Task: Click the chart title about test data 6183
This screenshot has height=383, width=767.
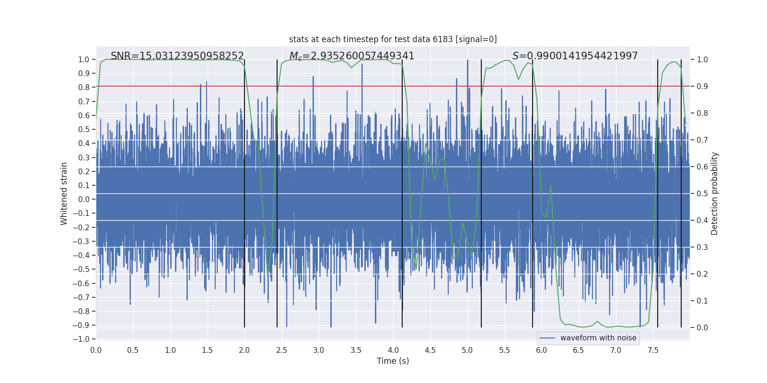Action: [x=393, y=39]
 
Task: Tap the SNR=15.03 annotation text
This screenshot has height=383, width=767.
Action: [x=177, y=56]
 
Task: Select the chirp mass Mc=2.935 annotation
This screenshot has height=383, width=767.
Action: [x=352, y=56]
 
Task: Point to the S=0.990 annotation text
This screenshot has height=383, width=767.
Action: [x=575, y=56]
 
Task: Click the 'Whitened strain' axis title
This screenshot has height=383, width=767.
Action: [x=64, y=193]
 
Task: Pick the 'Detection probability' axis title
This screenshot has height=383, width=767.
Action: [x=715, y=193]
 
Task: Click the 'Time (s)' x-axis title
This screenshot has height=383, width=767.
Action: [x=393, y=361]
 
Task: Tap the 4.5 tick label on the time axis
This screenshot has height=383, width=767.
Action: [x=430, y=350]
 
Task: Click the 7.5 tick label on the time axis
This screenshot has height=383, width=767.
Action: [x=653, y=350]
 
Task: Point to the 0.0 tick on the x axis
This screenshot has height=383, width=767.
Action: [x=96, y=350]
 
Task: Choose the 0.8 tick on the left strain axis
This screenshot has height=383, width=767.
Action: [x=84, y=87]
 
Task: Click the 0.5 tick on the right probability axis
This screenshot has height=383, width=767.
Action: [x=702, y=193]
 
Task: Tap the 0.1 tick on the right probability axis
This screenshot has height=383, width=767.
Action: [x=702, y=301]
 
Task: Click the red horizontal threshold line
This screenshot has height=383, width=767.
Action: [x=336, y=86]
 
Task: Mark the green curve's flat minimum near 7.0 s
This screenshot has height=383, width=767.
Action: [x=616, y=326]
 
